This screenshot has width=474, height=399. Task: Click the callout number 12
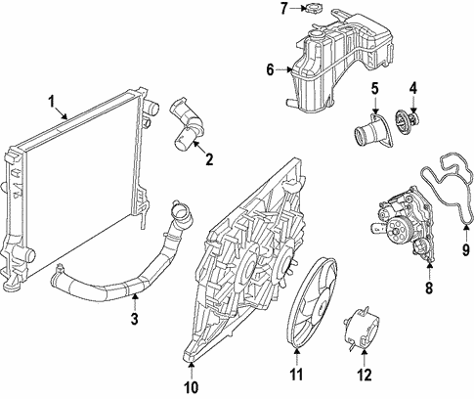coord(364,374)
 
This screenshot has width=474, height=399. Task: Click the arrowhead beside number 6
coord(287,68)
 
